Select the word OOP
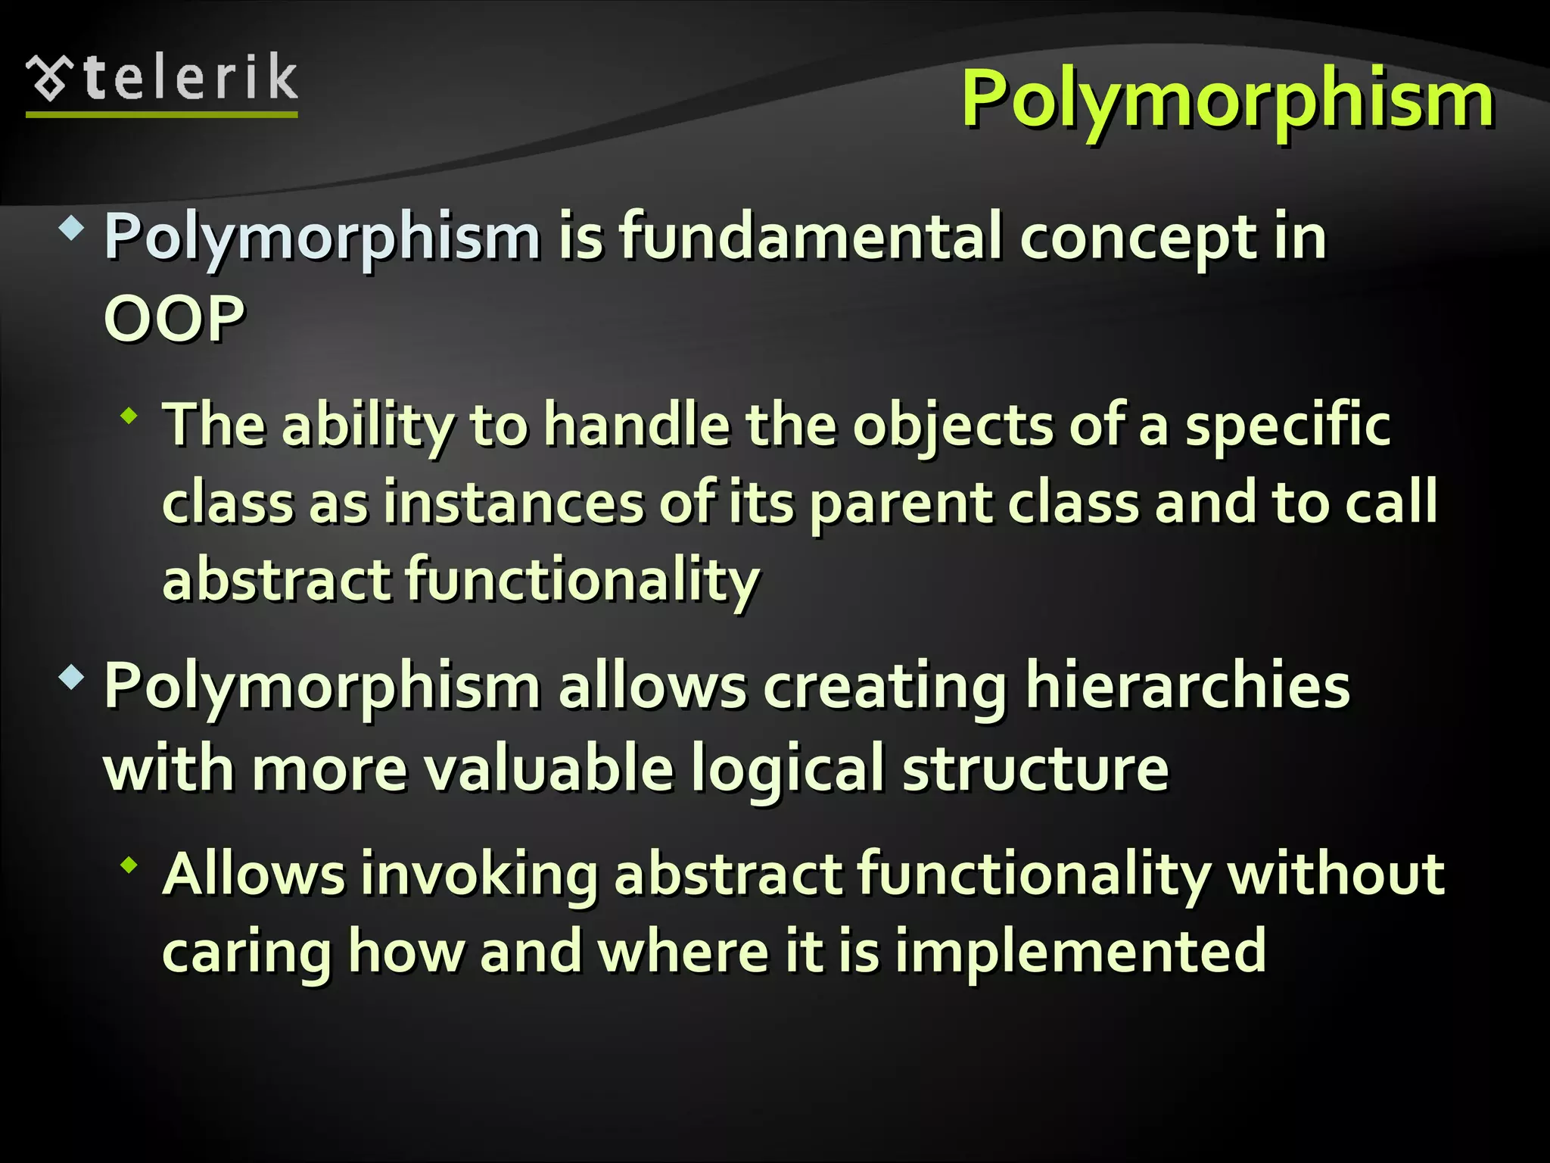[174, 318]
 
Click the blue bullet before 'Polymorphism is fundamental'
[72, 228]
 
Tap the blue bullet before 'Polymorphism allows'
[72, 676]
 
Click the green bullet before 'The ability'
[129, 415]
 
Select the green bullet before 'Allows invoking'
[129, 864]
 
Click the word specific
[1287, 426]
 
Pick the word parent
[900, 504]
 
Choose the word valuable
[548, 769]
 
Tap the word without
[1335, 874]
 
